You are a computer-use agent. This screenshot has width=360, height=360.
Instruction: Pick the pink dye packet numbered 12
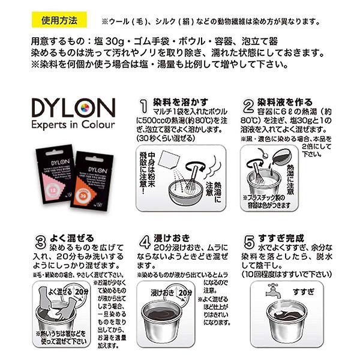50,173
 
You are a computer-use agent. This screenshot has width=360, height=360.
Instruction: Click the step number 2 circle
248,107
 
